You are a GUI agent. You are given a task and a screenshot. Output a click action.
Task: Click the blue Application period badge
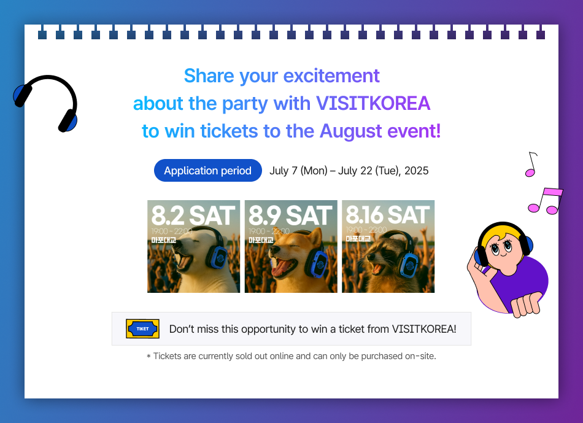point(208,171)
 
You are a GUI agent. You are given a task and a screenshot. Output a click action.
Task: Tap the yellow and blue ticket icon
point(142,329)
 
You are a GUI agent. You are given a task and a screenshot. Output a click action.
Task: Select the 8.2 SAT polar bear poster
point(194,246)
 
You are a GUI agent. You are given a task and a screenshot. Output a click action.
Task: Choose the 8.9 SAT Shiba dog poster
point(291,246)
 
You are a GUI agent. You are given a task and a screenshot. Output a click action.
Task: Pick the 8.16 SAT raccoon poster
point(388,246)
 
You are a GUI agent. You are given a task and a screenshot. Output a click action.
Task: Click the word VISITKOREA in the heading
point(373,103)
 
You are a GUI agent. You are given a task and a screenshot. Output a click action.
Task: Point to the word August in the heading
point(350,131)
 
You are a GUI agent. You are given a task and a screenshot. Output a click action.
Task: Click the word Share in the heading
point(209,76)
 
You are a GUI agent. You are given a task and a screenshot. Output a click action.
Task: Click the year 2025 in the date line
point(417,171)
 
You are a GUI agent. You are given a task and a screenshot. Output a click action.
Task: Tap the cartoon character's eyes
point(501,247)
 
